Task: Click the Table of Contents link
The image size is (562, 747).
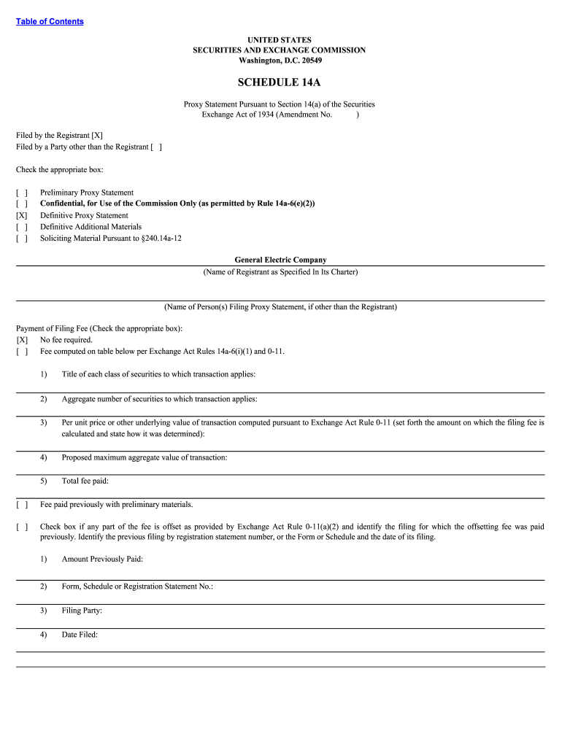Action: [50, 21]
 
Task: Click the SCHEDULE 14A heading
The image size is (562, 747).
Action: [279, 82]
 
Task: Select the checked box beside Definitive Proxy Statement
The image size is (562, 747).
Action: [22, 215]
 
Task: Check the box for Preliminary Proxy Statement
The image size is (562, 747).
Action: [22, 193]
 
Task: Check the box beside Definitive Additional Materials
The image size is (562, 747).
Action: [22, 226]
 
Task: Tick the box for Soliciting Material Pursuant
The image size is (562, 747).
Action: [22, 238]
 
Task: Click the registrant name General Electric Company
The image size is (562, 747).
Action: [280, 260]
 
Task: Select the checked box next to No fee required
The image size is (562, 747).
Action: [22, 339]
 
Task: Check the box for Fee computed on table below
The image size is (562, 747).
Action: [22, 351]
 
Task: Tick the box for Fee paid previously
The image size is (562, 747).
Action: [22, 504]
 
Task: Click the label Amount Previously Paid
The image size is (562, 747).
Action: [102, 559]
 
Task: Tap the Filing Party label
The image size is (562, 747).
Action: [82, 610]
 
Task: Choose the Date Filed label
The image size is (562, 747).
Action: [80, 635]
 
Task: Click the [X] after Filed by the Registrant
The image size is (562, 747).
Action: [97, 135]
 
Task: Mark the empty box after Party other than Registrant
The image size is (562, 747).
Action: [156, 147]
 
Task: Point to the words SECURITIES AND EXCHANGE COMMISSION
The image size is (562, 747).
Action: [279, 50]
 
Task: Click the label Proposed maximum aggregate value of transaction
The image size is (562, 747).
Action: [144, 457]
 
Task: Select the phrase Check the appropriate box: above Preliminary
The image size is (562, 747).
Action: [60, 170]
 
